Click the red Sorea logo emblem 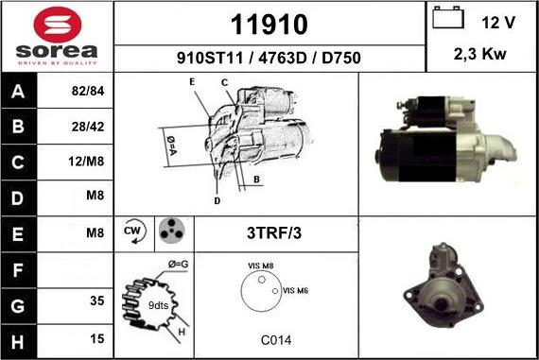[x=58, y=26]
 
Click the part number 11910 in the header [x=269, y=25]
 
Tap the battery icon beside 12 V [x=448, y=17]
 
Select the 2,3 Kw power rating [x=479, y=54]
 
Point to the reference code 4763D [x=282, y=58]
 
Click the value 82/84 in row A [x=88, y=91]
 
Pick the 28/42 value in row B [x=88, y=127]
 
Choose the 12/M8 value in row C [x=86, y=162]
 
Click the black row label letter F [x=18, y=270]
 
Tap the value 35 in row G [x=97, y=300]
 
